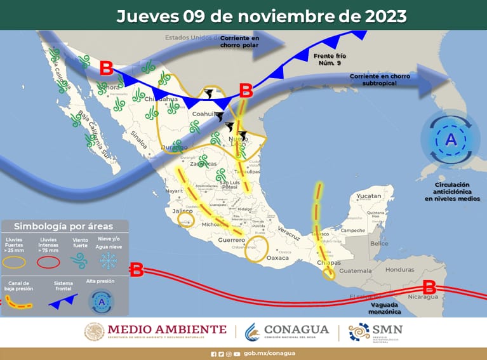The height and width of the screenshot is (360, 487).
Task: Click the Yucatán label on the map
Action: pos(368,196)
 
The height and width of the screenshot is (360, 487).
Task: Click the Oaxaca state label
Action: pos(277,258)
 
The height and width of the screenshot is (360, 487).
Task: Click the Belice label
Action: pos(379,244)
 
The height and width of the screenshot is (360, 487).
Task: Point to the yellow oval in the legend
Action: pos(16,260)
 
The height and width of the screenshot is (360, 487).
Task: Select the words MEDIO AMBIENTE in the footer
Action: pos(166,329)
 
